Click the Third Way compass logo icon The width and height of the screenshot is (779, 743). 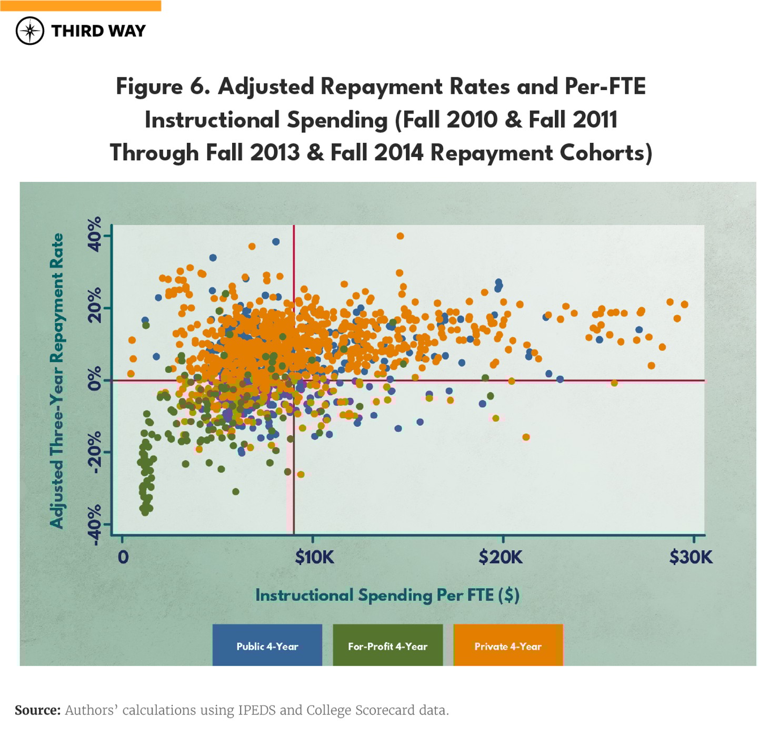click(x=30, y=31)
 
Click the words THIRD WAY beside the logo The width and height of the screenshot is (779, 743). click(x=98, y=31)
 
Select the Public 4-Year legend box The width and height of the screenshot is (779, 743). click(x=267, y=646)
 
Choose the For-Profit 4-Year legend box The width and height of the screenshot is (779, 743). click(x=387, y=646)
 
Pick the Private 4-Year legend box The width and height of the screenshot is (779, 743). click(x=508, y=646)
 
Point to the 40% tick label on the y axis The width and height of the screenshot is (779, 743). click(x=95, y=234)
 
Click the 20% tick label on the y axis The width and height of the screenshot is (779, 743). click(x=95, y=306)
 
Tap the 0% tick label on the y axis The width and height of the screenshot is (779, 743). click(x=95, y=379)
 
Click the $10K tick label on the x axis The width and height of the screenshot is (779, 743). click(x=314, y=557)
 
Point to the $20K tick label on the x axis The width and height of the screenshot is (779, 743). click(x=501, y=557)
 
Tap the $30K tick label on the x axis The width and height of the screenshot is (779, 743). click(x=691, y=557)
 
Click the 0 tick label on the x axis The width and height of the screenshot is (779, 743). click(x=123, y=557)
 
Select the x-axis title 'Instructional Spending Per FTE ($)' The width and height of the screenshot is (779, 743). click(x=387, y=595)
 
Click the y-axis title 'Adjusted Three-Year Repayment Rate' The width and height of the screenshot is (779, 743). click(x=57, y=380)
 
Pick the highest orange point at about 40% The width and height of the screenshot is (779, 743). click(x=400, y=236)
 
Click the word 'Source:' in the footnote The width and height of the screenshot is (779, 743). click(x=38, y=710)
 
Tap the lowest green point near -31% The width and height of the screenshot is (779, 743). click(x=236, y=492)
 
